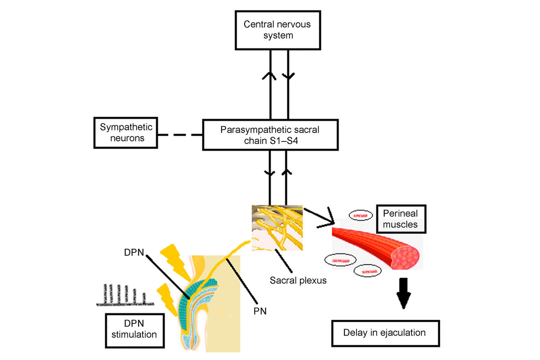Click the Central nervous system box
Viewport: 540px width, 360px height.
[278, 30]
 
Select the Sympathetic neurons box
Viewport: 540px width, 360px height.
[126, 133]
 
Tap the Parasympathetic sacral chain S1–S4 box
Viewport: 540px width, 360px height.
[270, 135]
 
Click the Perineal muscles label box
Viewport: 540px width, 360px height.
[401, 219]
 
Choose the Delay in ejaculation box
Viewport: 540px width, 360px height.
[385, 333]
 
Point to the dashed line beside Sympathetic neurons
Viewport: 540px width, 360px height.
[180, 135]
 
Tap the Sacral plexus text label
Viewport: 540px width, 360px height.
[298, 280]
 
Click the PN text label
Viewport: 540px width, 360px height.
[260, 311]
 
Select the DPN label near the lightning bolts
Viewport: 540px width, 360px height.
[134, 252]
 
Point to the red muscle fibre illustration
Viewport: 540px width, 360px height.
[374, 247]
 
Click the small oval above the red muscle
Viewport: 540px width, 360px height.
[361, 216]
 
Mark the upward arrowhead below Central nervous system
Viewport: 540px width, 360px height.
[269, 75]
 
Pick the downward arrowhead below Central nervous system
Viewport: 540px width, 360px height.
[288, 76]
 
